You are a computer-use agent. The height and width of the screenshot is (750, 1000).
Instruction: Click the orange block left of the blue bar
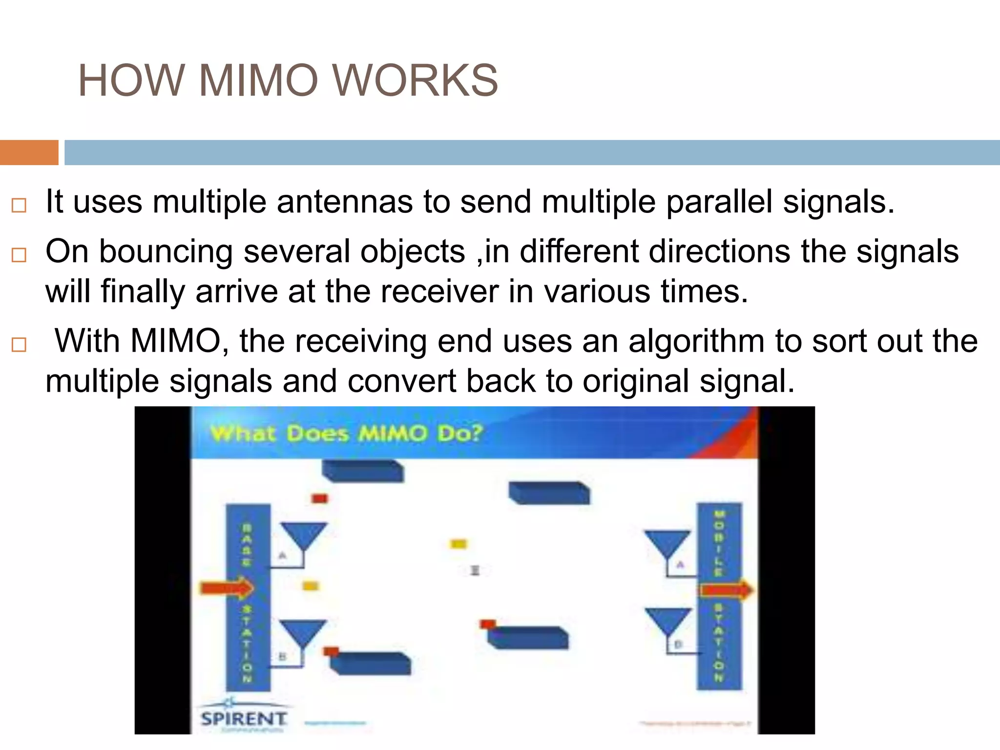coord(29,152)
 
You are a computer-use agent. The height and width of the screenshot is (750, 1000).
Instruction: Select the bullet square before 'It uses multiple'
coord(19,205)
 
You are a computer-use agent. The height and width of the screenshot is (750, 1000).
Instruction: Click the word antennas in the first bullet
coord(345,202)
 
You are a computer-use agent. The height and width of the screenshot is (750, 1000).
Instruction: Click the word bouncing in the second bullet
coord(166,252)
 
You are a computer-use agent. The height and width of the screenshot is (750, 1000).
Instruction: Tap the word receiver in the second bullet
coord(439,292)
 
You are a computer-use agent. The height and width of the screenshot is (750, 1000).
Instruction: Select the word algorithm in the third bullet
coord(696,341)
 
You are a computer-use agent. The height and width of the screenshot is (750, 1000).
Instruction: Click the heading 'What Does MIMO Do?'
coord(346,434)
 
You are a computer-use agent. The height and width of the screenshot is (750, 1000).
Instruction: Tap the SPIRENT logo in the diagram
coord(243,718)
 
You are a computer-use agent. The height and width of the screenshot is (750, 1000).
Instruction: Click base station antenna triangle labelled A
coord(303,535)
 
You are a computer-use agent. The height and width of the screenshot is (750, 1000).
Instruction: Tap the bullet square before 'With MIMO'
coord(19,345)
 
